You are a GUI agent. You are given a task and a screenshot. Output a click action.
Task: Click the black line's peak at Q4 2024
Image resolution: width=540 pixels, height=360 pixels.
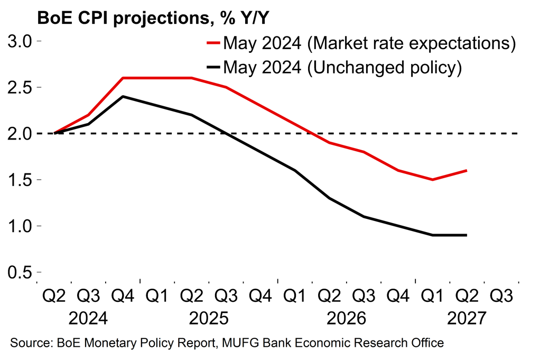point(123,96)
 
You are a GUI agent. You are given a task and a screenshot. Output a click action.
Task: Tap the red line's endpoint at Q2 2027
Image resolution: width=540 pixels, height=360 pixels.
point(467,170)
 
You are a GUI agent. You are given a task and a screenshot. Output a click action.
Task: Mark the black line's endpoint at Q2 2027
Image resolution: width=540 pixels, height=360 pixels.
point(467,235)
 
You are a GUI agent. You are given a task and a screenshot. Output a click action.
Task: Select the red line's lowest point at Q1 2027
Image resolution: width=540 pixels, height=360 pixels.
point(433,180)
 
